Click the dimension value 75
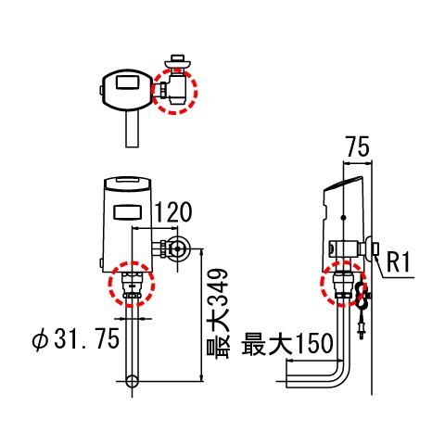point(358,146)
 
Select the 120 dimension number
point(172,212)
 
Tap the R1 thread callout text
point(399,262)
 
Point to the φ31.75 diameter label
point(76,339)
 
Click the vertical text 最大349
point(218,313)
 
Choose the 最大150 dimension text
point(287,344)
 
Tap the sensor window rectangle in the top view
point(127,82)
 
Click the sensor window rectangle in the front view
point(128,212)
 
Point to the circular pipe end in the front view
point(132,381)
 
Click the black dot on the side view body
point(343,218)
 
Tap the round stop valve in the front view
point(177,248)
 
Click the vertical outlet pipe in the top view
point(132,128)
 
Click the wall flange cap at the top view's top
point(177,62)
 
